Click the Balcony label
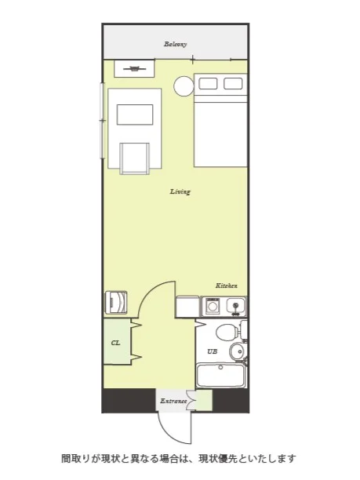(x=175, y=44)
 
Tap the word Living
(x=180, y=191)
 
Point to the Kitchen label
(x=227, y=285)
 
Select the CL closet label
(x=115, y=343)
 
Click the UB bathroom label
(x=212, y=351)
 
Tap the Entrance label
(x=173, y=401)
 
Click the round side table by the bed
(x=184, y=86)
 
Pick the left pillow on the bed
(x=208, y=84)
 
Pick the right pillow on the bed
(x=233, y=84)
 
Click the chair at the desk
(x=135, y=158)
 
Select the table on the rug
(x=135, y=115)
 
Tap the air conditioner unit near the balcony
(x=134, y=68)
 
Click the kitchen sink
(x=236, y=307)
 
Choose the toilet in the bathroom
(x=230, y=331)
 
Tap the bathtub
(x=220, y=375)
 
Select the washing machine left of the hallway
(x=116, y=302)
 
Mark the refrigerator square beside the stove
(x=187, y=307)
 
